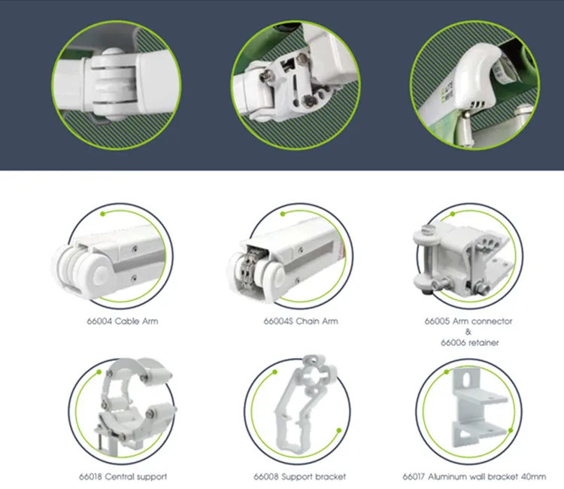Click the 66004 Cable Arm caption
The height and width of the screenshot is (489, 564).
pyautogui.click(x=123, y=321)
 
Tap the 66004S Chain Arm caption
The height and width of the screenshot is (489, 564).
pyautogui.click(x=301, y=321)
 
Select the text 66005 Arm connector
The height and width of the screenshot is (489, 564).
pyautogui.click(x=468, y=321)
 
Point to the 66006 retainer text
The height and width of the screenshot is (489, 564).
pyautogui.click(x=470, y=342)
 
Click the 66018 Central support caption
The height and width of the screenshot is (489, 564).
pyautogui.click(x=123, y=477)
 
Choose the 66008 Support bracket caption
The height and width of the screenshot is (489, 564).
pyautogui.click(x=299, y=477)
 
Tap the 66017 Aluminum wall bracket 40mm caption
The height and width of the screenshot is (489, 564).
pyautogui.click(x=474, y=477)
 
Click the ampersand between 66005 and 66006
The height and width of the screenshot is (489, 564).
pyautogui.click(x=468, y=332)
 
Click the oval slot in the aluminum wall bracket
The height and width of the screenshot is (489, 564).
pyautogui.click(x=466, y=380)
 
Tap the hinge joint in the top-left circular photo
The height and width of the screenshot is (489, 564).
pyautogui.click(x=114, y=84)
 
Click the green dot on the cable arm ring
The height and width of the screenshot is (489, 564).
pyautogui.click(x=103, y=214)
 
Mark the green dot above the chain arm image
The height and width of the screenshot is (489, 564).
pyautogui.click(x=283, y=214)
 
